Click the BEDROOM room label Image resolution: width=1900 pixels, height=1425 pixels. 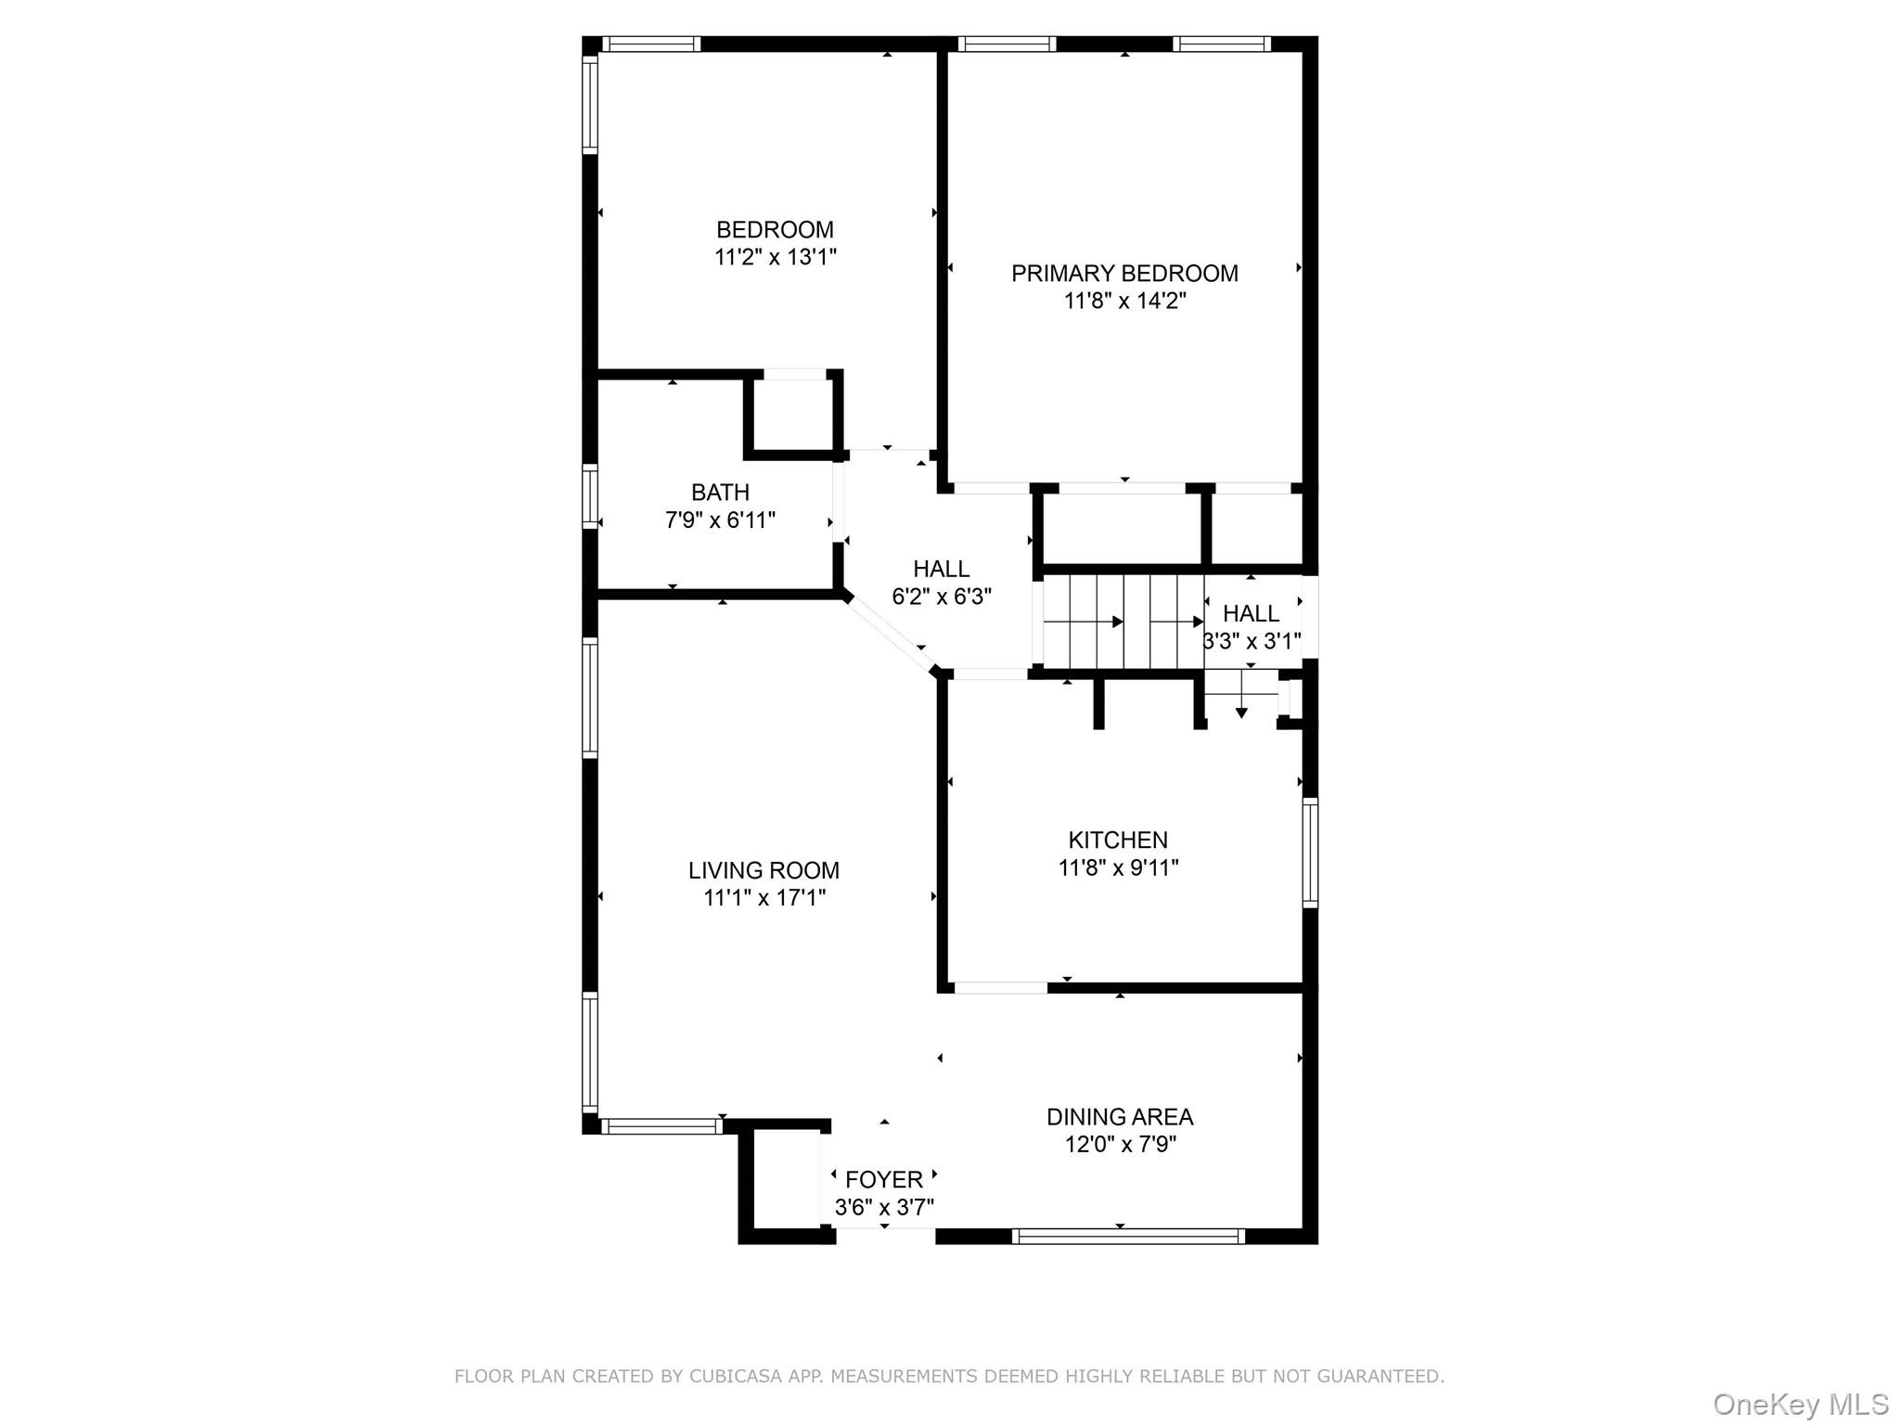(x=775, y=229)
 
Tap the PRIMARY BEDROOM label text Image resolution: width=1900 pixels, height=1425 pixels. (x=1124, y=273)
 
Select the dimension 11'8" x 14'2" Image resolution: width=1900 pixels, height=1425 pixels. (x=1124, y=301)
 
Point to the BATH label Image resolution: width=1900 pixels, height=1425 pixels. (x=720, y=492)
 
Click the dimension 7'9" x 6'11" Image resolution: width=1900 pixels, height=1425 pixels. (x=720, y=520)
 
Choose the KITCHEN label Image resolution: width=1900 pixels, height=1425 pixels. (x=1118, y=840)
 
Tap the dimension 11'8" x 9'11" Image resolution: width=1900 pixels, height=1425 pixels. (x=1118, y=867)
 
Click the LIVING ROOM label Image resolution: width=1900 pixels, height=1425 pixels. (x=764, y=870)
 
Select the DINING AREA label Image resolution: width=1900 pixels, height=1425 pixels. (x=1120, y=1116)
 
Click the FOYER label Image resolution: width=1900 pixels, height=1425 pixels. (x=884, y=1179)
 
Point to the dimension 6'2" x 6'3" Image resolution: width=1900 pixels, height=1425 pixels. (x=942, y=597)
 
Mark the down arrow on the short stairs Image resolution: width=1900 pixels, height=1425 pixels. (x=1241, y=712)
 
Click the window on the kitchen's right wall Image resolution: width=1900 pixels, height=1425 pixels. (x=1310, y=853)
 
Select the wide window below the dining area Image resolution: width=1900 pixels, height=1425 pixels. (x=1127, y=1236)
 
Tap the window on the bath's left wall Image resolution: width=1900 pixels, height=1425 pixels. (x=590, y=496)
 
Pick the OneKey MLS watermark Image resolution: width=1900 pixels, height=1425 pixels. (x=1801, y=1405)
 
